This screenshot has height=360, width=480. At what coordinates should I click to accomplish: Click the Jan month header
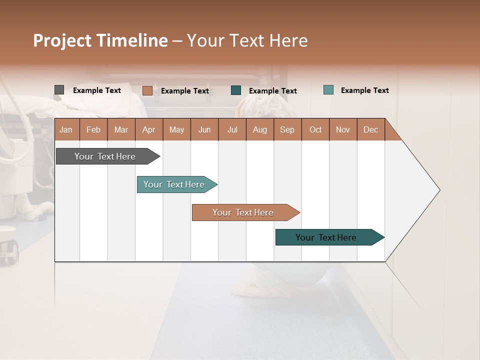[66, 129]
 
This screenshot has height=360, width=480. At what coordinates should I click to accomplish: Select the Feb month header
[93, 129]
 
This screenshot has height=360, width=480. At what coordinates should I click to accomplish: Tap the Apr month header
[149, 129]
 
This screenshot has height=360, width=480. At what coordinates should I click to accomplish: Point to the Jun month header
[204, 129]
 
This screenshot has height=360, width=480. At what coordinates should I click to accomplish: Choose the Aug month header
[260, 129]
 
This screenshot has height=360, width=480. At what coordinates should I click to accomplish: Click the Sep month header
[287, 129]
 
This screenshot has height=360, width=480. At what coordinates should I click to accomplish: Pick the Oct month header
[315, 129]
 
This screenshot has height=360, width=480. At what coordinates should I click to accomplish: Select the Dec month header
[371, 129]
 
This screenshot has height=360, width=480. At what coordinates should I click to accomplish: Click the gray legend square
[59, 90]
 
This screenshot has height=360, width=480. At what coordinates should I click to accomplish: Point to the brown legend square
[147, 90]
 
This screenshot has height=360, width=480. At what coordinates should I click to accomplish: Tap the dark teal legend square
[236, 90]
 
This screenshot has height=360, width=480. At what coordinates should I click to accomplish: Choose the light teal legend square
[328, 90]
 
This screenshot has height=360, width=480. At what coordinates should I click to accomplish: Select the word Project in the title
[62, 40]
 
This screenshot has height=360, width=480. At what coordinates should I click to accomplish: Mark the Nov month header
[343, 129]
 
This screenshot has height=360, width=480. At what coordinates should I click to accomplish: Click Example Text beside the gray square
[97, 90]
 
